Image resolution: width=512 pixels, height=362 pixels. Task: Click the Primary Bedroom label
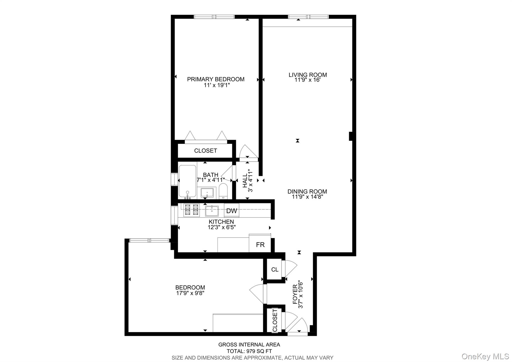216,79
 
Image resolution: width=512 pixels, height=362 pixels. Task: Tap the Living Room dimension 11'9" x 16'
307,80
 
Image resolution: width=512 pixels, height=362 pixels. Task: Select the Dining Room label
307,192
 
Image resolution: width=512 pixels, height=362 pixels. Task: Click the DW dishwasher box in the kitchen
231,211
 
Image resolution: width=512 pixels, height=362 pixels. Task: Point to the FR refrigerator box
260,245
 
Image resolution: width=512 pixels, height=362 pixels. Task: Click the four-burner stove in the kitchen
191,210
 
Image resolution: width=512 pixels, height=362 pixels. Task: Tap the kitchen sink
212,211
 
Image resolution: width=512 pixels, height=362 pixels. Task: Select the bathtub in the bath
187,181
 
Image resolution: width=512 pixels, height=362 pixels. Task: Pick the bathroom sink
207,193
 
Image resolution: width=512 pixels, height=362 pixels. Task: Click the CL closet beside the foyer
274,270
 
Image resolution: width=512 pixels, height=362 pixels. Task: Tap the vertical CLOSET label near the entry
275,320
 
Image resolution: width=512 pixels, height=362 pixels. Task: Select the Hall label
245,181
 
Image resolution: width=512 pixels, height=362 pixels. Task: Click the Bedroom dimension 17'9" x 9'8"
190,293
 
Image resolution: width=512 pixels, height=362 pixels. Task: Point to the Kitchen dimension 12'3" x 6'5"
221,227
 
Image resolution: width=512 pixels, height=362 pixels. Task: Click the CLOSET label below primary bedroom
205,151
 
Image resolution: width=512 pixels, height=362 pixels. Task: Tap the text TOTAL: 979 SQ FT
249,351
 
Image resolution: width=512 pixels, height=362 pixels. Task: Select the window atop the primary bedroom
214,17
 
